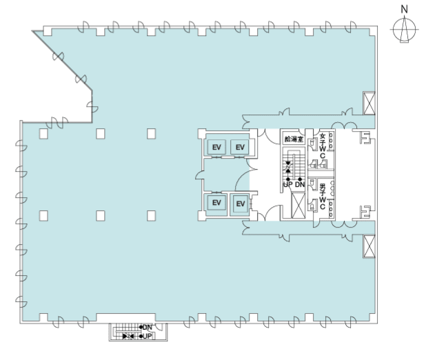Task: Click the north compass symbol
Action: click(x=404, y=29)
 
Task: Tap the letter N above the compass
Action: click(x=404, y=10)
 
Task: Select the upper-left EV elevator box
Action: click(x=216, y=147)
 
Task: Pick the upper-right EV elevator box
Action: click(x=240, y=147)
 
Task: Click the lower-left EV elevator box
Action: click(x=216, y=203)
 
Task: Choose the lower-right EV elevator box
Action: click(x=241, y=203)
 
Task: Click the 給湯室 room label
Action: click(x=294, y=139)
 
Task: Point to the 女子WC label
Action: click(x=323, y=146)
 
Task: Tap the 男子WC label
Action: click(x=323, y=197)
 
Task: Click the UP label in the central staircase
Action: click(x=288, y=184)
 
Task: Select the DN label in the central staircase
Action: click(x=300, y=184)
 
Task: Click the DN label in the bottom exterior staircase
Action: click(x=147, y=327)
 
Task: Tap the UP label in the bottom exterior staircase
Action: click(x=147, y=337)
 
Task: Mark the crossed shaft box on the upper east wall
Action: click(x=369, y=103)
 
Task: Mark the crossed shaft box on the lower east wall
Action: click(x=369, y=246)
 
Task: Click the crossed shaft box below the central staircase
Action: click(x=298, y=205)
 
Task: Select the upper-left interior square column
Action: click(x=43, y=134)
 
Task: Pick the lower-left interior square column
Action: click(x=43, y=216)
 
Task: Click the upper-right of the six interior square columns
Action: click(x=152, y=134)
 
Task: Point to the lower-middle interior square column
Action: click(x=101, y=216)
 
